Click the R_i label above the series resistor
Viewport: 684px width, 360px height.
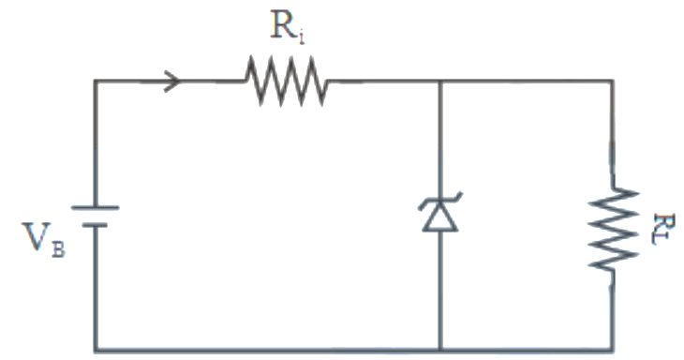coord(288,28)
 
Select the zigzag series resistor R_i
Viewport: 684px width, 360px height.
coord(286,81)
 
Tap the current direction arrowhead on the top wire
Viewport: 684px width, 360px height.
coord(172,82)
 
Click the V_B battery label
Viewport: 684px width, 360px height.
coord(44,240)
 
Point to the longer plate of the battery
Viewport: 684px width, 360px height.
coord(95,208)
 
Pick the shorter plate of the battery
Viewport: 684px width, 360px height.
coord(95,225)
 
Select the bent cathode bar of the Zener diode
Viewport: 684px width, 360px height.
coord(440,202)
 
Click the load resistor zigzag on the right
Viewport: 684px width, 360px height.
coord(613,229)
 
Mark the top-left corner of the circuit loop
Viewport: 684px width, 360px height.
coord(96,82)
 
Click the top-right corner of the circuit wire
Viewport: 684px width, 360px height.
coord(613,82)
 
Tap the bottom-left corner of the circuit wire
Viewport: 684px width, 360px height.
coord(96,350)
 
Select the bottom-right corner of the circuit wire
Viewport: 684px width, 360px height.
coord(613,350)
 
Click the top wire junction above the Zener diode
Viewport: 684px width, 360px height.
coord(440,82)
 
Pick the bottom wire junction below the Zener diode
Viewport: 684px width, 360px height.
coord(440,350)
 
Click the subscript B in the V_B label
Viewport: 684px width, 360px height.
coord(58,250)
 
